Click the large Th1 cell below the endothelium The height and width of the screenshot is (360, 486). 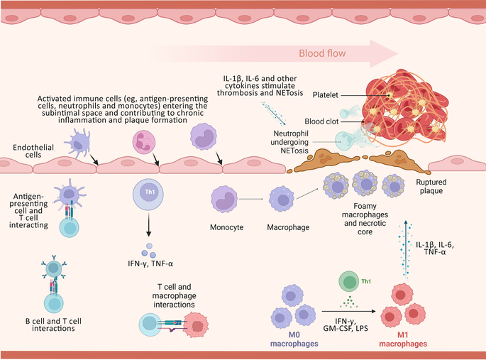[x=148, y=192]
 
